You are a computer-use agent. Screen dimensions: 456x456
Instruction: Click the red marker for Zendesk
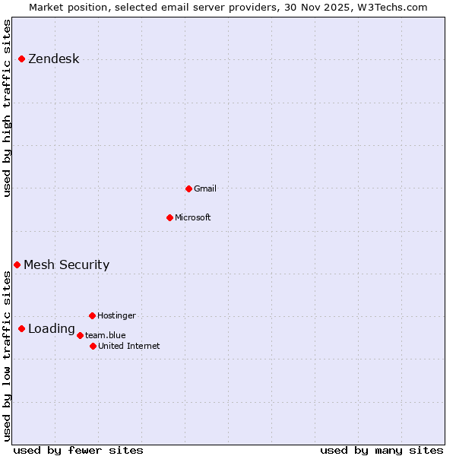[21, 59]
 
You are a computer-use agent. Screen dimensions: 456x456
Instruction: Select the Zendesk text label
[53, 59]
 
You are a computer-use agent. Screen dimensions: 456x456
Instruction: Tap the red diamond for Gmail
[188, 188]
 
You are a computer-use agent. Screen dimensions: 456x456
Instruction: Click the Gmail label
[205, 188]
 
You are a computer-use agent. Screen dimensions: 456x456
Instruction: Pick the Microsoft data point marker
[169, 217]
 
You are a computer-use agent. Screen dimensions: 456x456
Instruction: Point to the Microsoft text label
[192, 217]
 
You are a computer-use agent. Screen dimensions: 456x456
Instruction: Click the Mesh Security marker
[17, 264]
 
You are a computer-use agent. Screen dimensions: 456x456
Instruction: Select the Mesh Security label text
[66, 265]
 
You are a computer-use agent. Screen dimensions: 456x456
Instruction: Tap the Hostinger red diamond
[92, 315]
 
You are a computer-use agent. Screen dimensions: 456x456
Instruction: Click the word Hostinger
[116, 315]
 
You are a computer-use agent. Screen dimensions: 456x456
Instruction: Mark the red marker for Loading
[21, 328]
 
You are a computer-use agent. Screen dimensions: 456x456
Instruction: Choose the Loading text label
[51, 329]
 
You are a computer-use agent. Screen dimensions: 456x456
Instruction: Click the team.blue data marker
[80, 335]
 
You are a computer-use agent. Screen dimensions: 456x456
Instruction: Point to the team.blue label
[105, 335]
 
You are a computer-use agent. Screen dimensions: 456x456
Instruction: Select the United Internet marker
[93, 346]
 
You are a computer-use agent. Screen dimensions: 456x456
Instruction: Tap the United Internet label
[128, 346]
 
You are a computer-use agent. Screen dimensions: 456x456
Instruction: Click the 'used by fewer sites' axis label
[78, 450]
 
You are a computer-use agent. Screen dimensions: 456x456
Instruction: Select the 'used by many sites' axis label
[382, 450]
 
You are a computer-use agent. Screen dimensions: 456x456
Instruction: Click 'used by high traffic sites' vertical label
[8, 108]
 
